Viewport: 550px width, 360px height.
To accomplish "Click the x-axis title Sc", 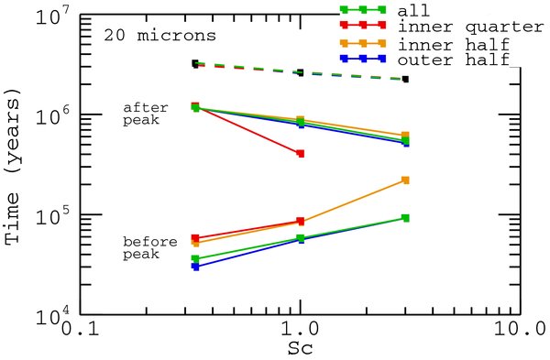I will click(301, 348).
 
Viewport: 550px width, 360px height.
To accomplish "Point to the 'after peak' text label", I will click(141, 114).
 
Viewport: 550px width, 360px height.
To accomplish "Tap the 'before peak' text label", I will click(141, 247).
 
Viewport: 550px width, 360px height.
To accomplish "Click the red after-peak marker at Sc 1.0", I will click(300, 154).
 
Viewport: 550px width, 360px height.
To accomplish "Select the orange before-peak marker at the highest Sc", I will click(405, 180).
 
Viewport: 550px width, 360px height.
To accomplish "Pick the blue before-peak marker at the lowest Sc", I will click(195, 267).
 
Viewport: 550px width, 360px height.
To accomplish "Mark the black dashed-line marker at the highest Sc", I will click(405, 80).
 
